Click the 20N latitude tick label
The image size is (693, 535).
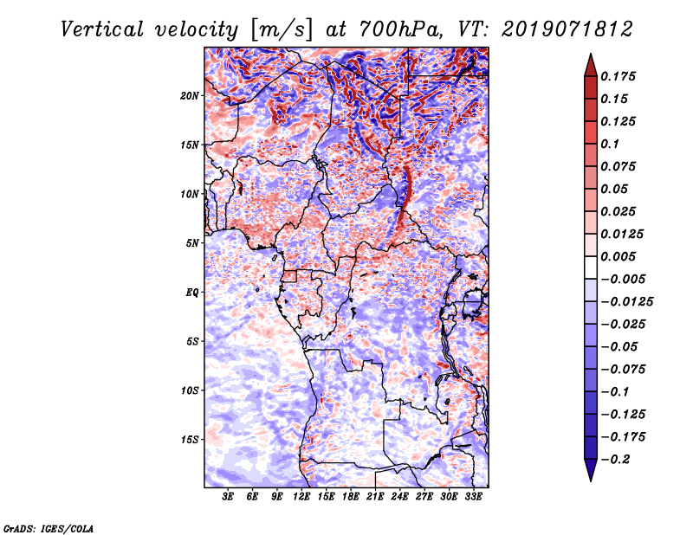point(190,95)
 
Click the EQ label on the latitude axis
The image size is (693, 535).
point(192,293)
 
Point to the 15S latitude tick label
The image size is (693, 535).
point(190,440)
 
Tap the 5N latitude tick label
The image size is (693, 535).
point(192,243)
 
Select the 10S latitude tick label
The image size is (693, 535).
point(190,390)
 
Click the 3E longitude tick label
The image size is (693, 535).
point(228,497)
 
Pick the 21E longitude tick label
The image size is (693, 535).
point(375,497)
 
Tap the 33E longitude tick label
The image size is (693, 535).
point(473,497)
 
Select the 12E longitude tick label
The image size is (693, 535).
point(301,497)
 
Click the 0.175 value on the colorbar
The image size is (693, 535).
point(620,76)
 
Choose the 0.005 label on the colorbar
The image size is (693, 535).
point(620,256)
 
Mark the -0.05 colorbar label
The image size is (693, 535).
point(620,346)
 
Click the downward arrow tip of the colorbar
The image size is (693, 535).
point(590,479)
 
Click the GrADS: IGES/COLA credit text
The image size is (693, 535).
point(49,527)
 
